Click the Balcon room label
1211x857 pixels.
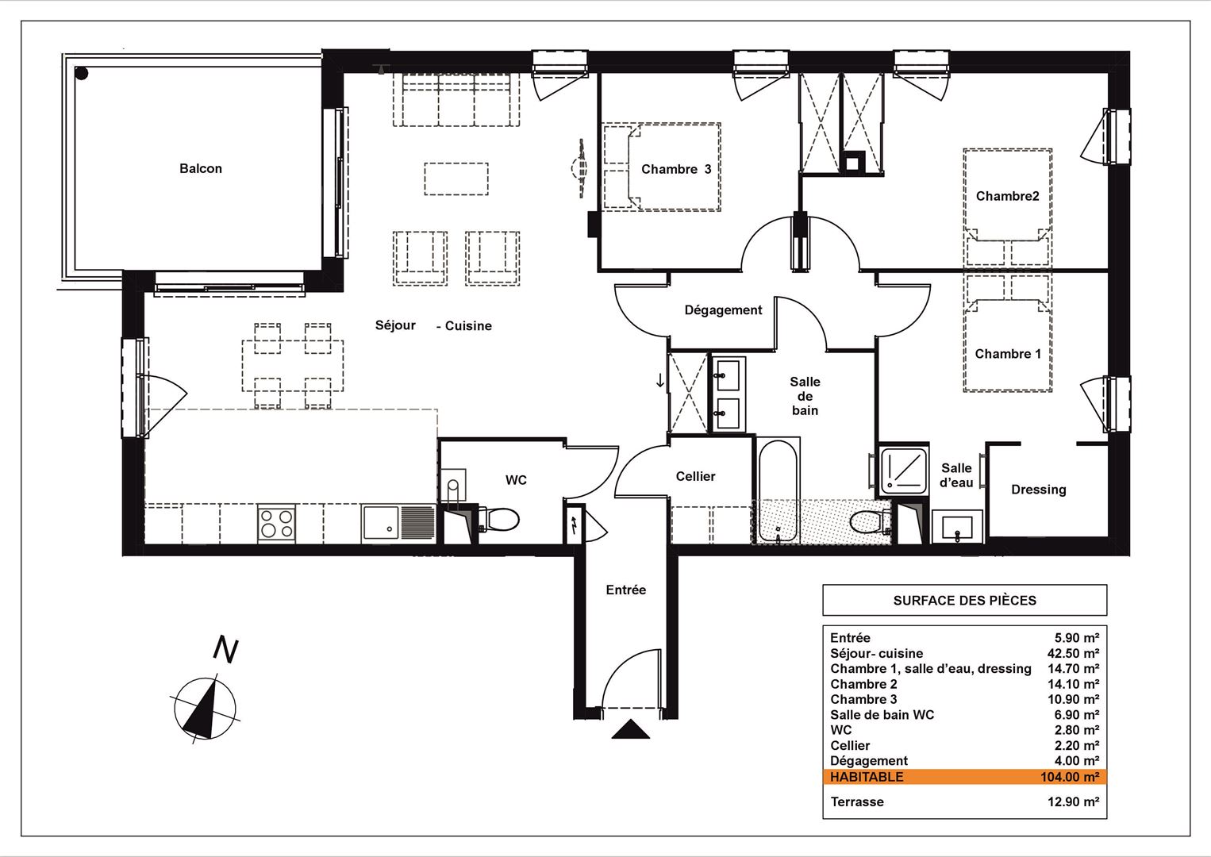(x=201, y=169)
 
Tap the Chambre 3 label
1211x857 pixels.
(x=676, y=169)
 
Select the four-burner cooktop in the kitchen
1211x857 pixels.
(x=276, y=524)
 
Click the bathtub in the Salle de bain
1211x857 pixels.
(x=778, y=490)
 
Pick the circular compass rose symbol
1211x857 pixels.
(x=205, y=708)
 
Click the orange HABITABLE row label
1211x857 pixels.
(x=867, y=777)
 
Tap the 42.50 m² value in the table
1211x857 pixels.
(x=1073, y=653)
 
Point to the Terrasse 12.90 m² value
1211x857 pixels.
(x=1073, y=801)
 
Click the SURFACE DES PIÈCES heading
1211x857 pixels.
(x=964, y=600)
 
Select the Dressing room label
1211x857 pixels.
(x=1039, y=490)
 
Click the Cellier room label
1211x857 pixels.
(x=695, y=476)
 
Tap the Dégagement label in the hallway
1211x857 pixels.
(x=723, y=310)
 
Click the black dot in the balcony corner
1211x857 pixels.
(x=82, y=73)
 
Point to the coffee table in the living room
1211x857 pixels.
(x=456, y=179)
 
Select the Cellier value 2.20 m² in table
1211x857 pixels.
(x=1076, y=745)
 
